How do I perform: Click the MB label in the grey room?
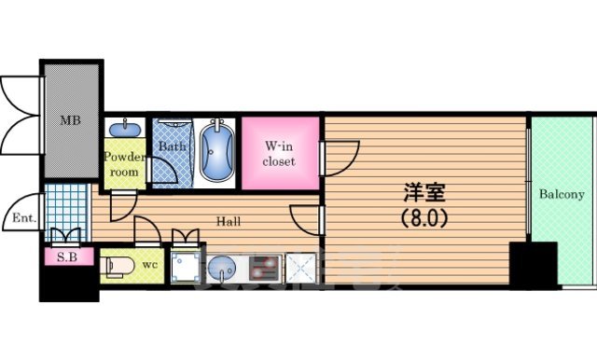71,120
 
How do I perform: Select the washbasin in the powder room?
121,130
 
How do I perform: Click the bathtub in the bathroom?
217,151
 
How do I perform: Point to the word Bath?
171,146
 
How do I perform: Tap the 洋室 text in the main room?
424,195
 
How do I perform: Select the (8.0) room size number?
424,220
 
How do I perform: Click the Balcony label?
562,195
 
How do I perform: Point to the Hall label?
229,222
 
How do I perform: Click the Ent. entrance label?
23,219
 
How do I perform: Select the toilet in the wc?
117,264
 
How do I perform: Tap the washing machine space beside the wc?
184,268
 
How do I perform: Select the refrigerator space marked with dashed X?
302,269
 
